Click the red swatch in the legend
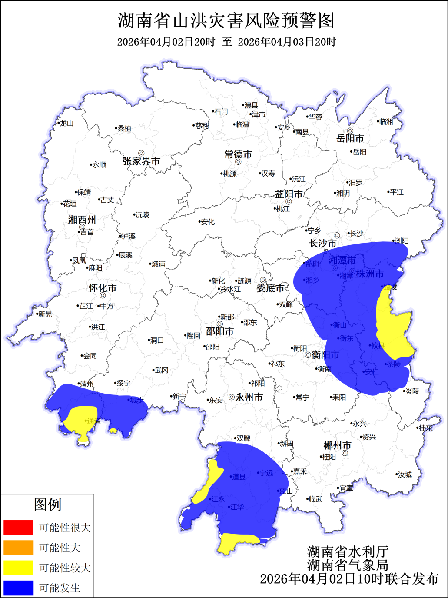click(x=18, y=528)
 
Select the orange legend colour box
click(x=18, y=548)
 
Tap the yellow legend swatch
click(x=18, y=568)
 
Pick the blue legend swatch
click(x=18, y=588)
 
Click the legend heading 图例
click(x=47, y=505)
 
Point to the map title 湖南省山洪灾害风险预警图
click(x=226, y=20)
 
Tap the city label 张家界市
click(x=141, y=161)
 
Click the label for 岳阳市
click(x=350, y=138)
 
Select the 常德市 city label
click(x=238, y=154)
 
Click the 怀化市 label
click(x=103, y=288)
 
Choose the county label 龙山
click(x=66, y=124)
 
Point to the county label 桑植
click(x=124, y=129)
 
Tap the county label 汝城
click(x=405, y=474)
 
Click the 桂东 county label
click(x=426, y=428)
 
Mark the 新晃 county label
click(x=45, y=314)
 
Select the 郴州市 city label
click(x=337, y=445)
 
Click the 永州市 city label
click(x=249, y=397)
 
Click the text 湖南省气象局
click(x=348, y=565)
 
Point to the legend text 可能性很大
click(x=65, y=528)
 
